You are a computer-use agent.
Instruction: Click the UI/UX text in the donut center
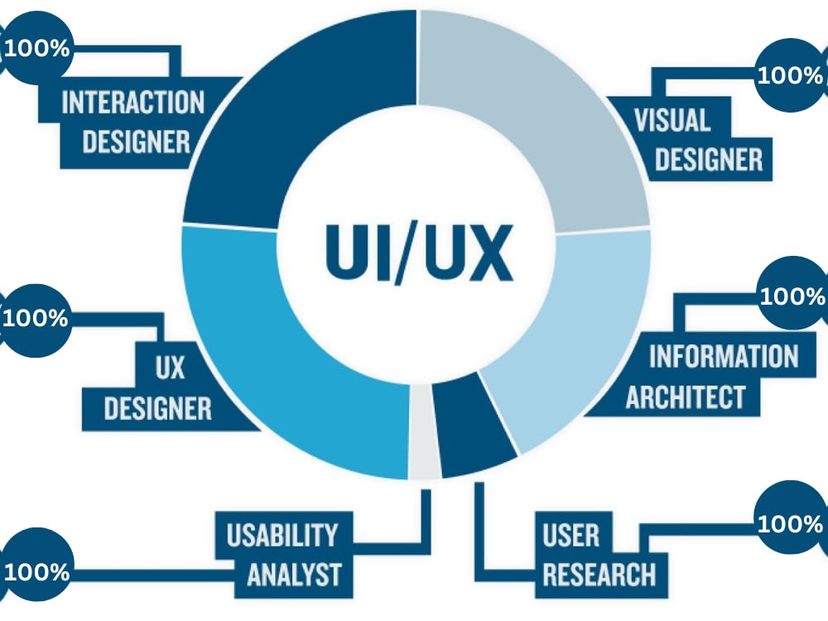coord(419,253)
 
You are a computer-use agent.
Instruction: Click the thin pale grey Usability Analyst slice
coord(423,432)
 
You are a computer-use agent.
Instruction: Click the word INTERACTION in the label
coord(132,102)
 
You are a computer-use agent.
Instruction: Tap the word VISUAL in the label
coord(672,120)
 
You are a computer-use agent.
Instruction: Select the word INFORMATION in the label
coord(724,356)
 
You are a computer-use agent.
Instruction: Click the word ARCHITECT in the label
coord(686,397)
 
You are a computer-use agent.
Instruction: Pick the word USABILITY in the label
coord(282,535)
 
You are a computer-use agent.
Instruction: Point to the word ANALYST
coord(294,575)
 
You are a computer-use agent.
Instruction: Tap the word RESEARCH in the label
coord(599,575)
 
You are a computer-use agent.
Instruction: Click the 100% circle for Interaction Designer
coord(36,48)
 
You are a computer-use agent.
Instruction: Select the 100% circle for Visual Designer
coord(790,75)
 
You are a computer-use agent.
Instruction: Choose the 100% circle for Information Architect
coord(792,296)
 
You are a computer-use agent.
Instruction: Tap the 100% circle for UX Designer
coord(35,320)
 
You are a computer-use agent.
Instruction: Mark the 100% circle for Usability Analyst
coord(36,572)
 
